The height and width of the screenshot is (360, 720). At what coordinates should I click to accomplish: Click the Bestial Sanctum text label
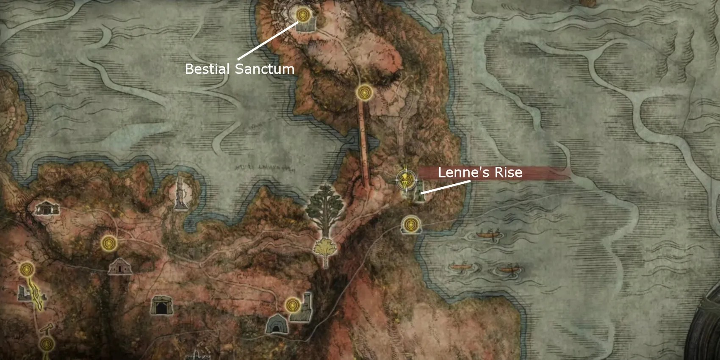coord(239,69)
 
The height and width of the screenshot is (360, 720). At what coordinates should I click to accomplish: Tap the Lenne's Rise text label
coord(480,172)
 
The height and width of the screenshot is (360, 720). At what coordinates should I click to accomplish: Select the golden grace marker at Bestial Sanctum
coord(303,15)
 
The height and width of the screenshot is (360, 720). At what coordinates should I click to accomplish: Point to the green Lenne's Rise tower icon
coord(418,192)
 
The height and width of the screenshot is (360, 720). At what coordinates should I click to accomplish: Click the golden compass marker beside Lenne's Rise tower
coord(406,180)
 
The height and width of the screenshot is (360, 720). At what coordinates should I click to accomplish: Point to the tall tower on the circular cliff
coord(181,194)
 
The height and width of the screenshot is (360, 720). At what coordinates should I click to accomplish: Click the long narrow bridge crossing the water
coord(364,144)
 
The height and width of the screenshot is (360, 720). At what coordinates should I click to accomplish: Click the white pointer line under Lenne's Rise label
coord(445,188)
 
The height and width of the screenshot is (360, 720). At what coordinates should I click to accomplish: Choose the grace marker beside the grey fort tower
coord(292,305)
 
